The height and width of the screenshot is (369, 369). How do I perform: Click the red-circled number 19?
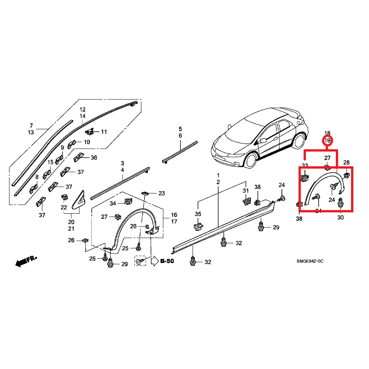pyautogui.click(x=328, y=140)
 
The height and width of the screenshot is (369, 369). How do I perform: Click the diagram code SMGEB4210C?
pyautogui.click(x=310, y=261)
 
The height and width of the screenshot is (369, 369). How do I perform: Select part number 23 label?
pyautogui.click(x=161, y=193)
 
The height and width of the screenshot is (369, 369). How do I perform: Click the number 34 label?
pyautogui.click(x=112, y=203)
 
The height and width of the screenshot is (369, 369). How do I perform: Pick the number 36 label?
pyautogui.click(x=94, y=158)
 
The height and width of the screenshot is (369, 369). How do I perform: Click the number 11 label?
pyautogui.click(x=104, y=132)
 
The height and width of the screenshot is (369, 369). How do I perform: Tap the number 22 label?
pyautogui.click(x=64, y=208)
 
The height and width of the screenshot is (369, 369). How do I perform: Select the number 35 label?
pyautogui.click(x=198, y=214)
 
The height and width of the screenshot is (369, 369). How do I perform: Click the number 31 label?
pyautogui.click(x=246, y=191)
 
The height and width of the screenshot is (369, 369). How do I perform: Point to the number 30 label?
pyautogui.click(x=340, y=217)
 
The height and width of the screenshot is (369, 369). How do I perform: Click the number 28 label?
pyautogui.click(x=346, y=163)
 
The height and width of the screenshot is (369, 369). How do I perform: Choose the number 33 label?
pyautogui.click(x=305, y=165)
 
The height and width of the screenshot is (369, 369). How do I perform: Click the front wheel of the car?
pyautogui.click(x=251, y=160)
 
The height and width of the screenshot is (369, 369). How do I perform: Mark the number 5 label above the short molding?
pyautogui.click(x=181, y=129)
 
